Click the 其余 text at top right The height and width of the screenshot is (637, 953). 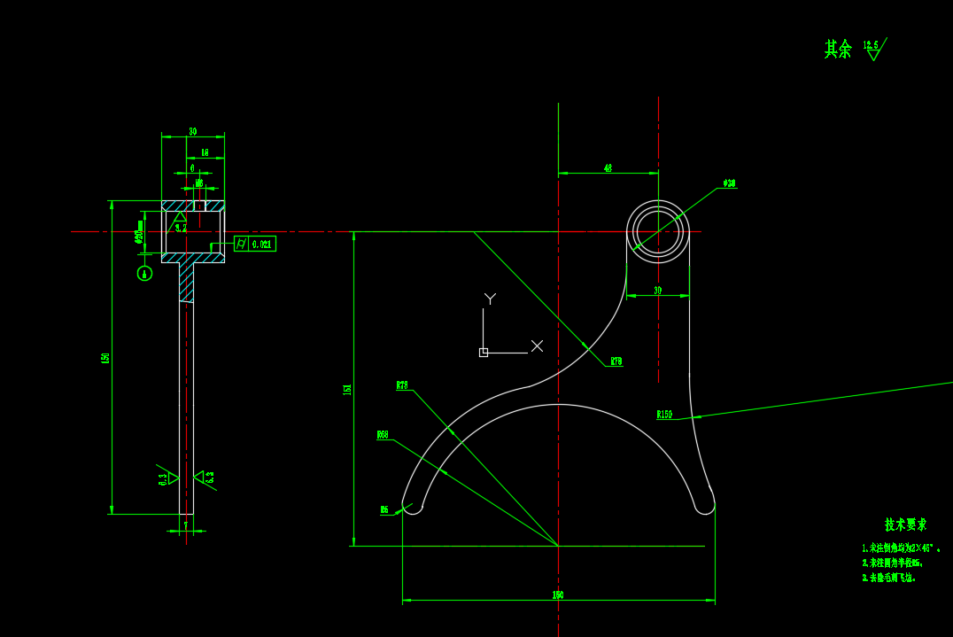837,49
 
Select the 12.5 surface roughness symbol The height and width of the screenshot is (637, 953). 873,49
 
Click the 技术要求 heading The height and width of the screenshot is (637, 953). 905,524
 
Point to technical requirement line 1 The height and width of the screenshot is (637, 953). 900,548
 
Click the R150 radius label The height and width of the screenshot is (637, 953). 664,415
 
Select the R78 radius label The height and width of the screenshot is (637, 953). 402,385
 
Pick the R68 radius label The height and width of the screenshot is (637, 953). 383,435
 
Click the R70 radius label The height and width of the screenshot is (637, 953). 616,361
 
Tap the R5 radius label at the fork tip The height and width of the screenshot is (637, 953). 384,509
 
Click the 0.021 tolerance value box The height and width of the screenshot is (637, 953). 262,244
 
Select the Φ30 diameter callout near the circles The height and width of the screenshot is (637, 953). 729,183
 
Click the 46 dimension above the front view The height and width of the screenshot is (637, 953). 608,167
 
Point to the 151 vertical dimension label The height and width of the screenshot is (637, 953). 347,389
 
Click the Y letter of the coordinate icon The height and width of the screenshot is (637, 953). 490,299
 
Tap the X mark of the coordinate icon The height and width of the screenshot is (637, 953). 537,346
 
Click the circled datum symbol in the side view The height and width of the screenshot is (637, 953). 144,273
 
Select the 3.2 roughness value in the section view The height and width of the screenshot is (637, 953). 181,228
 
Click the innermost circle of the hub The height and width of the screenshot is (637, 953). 658,232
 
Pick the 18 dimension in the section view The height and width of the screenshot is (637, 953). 205,153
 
